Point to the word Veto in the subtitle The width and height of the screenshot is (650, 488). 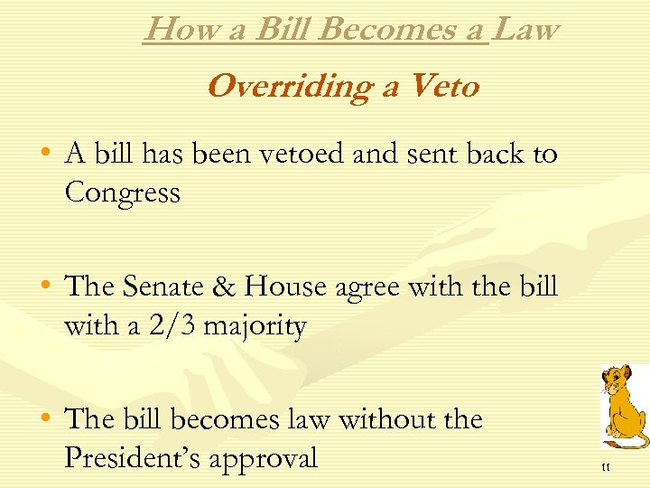pos(443,87)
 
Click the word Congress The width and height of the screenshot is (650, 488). pos(122,192)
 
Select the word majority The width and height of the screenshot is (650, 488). pos(255,327)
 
